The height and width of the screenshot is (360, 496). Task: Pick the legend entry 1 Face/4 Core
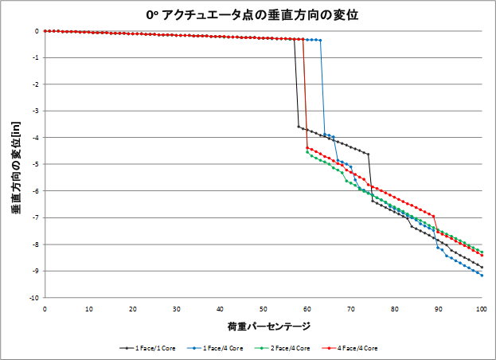pyautogui.click(x=213, y=348)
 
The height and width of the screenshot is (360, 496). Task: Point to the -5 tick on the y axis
pyautogui.click(x=37, y=164)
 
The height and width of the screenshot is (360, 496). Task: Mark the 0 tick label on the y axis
pyautogui.click(x=37, y=31)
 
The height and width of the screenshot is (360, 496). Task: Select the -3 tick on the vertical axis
pyautogui.click(x=37, y=111)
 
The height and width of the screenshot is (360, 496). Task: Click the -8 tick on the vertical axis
pyautogui.click(x=37, y=244)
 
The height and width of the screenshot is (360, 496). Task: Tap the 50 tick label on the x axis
pyautogui.click(x=264, y=308)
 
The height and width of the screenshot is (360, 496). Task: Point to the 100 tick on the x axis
pyautogui.click(x=482, y=308)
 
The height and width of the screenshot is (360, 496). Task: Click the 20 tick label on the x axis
pyautogui.click(x=132, y=308)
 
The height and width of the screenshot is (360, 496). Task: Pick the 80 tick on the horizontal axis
pyautogui.click(x=394, y=308)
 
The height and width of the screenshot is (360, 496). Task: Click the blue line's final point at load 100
pyautogui.click(x=482, y=276)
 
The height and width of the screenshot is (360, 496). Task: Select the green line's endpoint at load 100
pyautogui.click(x=482, y=252)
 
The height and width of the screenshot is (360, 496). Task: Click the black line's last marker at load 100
pyautogui.click(x=482, y=267)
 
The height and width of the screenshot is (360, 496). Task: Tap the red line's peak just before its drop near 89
pyautogui.click(x=433, y=216)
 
